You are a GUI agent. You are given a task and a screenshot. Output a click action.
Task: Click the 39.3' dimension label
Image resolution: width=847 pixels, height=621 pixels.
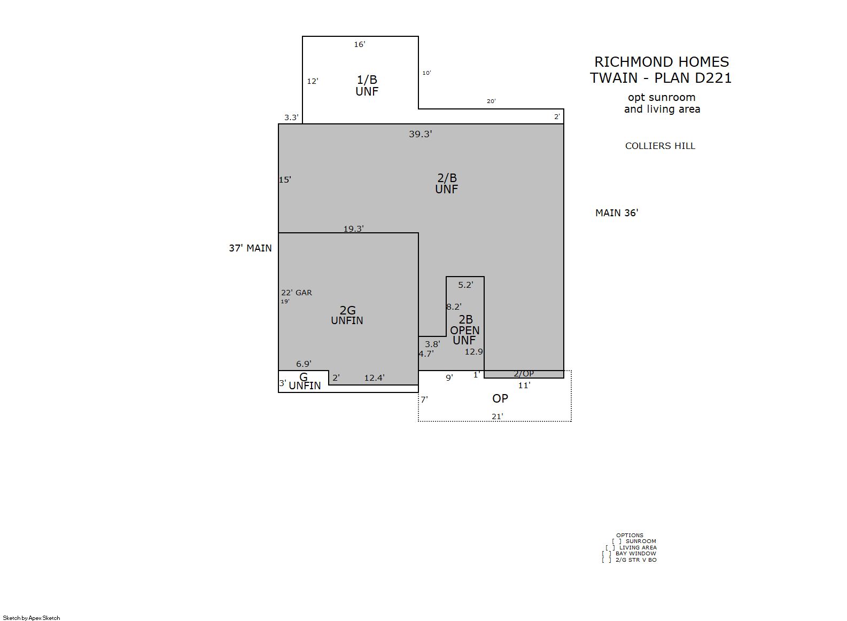click(x=420, y=134)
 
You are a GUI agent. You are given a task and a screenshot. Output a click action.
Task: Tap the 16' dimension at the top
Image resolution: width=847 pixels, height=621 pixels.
click(x=360, y=44)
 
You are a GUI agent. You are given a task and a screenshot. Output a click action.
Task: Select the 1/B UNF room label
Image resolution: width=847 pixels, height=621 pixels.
click(x=367, y=85)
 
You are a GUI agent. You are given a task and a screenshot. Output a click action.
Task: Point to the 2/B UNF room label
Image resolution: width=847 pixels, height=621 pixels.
click(x=447, y=184)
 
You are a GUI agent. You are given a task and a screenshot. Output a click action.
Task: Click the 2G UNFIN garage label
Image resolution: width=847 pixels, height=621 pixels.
click(x=347, y=316)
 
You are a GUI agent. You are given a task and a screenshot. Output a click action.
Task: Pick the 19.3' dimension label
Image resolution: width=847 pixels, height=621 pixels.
click(x=354, y=229)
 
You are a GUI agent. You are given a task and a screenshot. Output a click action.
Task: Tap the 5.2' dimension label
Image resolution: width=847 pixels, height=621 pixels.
click(x=465, y=285)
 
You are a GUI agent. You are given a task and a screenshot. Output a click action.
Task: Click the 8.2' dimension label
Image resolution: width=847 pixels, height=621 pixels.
click(x=454, y=306)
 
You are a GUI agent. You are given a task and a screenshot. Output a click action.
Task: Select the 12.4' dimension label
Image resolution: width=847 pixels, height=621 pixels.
click(x=375, y=378)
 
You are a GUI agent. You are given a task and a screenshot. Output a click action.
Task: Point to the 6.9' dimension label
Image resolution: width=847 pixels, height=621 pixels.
click(x=304, y=364)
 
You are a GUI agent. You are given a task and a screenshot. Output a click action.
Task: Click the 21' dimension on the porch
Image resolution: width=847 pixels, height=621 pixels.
click(x=497, y=416)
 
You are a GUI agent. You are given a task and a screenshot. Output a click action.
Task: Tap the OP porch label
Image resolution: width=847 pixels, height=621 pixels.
click(x=500, y=398)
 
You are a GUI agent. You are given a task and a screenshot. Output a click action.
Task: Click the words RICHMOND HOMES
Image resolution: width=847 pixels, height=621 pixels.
click(x=662, y=62)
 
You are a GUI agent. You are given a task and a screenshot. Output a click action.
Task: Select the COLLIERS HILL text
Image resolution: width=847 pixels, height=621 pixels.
click(x=660, y=146)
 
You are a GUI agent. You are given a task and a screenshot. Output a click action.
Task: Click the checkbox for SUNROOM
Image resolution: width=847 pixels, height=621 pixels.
click(x=617, y=541)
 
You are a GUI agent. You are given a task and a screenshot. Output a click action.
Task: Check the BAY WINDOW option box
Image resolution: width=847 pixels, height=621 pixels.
click(x=607, y=554)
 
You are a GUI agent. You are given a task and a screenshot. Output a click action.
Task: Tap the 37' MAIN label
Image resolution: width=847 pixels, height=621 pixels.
click(x=250, y=248)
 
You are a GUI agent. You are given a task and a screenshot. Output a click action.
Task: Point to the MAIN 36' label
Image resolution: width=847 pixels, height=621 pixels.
click(x=617, y=213)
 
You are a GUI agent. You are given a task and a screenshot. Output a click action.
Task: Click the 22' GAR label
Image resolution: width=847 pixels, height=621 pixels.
click(x=297, y=293)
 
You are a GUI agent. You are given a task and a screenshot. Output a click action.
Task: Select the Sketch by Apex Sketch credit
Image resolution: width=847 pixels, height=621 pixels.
click(x=32, y=618)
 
